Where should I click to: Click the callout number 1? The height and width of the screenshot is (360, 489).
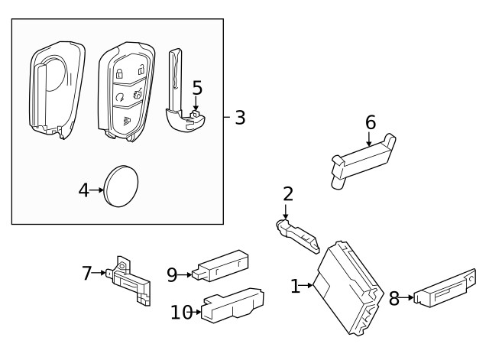pos(296,287)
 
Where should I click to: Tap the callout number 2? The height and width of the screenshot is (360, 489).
pos(287,194)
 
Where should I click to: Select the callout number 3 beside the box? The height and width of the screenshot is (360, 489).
pos(239,118)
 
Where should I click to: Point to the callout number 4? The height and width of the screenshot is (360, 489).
pos(84,190)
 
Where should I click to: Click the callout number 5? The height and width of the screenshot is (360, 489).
pos(197,89)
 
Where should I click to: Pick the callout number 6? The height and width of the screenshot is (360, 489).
pos(371,122)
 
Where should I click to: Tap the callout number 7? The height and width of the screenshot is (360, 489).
pos(87,271)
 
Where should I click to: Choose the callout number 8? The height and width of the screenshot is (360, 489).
pos(394,299)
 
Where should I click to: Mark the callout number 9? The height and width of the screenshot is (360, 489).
pos(173,273)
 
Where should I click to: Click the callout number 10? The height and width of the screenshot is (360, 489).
pos(181,311)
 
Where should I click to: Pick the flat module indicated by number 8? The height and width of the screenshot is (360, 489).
pos(445,288)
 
